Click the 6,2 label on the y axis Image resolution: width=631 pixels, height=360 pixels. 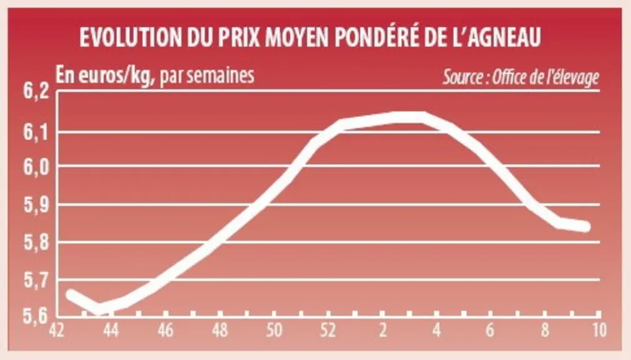coord(36,91)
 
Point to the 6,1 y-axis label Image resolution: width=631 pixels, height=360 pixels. coord(36,132)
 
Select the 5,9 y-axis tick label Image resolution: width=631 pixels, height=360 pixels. coord(36,206)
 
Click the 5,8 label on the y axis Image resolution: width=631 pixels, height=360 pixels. coord(36,243)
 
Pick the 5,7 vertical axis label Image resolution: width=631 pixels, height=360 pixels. coord(36,281)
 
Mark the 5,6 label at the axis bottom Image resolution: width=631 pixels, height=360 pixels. coord(36,316)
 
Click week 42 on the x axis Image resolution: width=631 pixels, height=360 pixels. coord(57,331)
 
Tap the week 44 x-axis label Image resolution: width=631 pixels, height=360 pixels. coord(111,331)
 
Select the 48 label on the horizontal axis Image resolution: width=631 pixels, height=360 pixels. coord(220,331)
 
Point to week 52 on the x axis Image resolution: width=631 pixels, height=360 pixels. coord(328,331)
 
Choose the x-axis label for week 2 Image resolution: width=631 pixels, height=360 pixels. coord(383,331)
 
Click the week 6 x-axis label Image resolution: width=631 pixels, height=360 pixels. coord(490,331)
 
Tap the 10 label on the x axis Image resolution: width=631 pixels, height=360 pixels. coord(599,331)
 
